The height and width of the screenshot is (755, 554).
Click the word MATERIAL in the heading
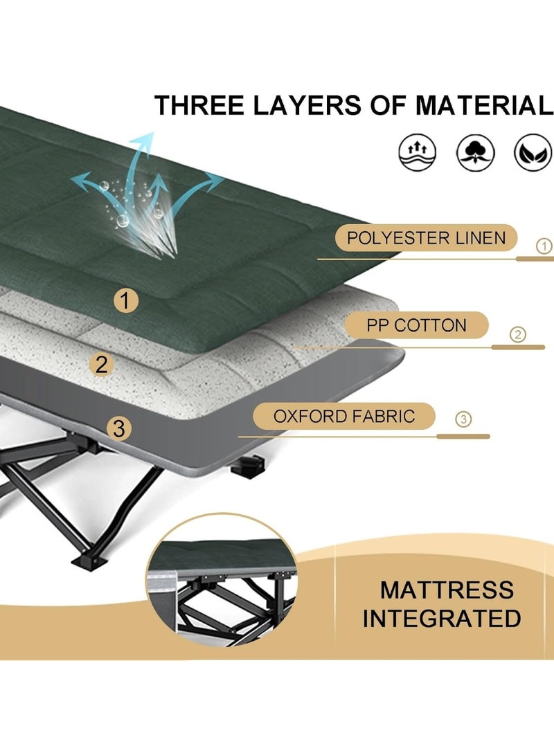coord(484,105)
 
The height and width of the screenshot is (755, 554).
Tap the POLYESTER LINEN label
coord(426,238)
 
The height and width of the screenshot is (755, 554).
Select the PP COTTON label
coord(417,325)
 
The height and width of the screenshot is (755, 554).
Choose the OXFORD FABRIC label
coord(344,416)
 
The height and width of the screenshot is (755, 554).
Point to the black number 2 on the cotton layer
coord(102,364)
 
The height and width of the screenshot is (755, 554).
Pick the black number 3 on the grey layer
coord(119,428)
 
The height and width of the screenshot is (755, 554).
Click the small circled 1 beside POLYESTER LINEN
coord(544,245)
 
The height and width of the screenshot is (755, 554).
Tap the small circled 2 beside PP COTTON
coord(517,335)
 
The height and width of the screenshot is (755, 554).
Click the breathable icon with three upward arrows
coord(418,152)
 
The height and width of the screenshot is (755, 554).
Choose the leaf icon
coord(532,152)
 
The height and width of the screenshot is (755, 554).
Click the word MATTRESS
coord(447,590)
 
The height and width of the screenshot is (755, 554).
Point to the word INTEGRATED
coord(442,618)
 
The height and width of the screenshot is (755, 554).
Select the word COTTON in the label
coord(431,325)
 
